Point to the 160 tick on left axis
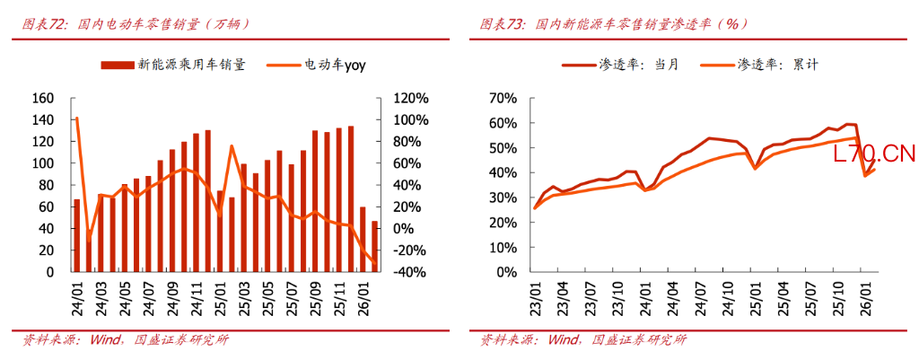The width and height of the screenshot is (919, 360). (42, 98)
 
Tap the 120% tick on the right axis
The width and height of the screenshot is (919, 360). (410, 98)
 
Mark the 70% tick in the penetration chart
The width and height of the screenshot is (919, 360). (503, 98)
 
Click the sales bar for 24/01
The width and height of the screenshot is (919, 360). (77, 235)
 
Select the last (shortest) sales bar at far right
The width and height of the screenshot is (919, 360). (374, 247)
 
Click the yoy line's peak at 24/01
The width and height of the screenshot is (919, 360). (77, 119)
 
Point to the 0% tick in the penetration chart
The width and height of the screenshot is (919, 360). (506, 272)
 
